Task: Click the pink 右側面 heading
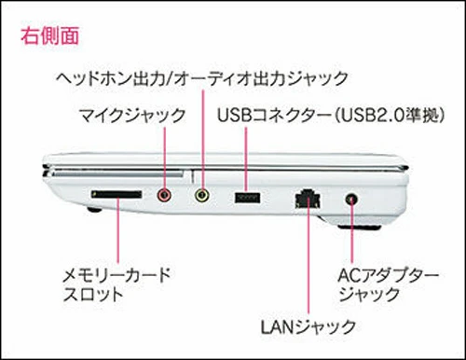49,35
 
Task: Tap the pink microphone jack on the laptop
164,195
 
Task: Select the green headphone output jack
202,195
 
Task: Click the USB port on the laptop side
247,198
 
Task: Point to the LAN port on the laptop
308,199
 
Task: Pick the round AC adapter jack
351,199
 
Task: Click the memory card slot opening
116,195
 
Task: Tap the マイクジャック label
132,116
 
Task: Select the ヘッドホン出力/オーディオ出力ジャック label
202,77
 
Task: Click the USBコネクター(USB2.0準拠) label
331,116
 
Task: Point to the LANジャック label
308,326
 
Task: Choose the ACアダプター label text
388,275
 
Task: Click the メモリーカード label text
116,275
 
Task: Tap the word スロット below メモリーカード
93,294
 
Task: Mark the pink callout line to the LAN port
308,255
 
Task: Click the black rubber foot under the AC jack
360,228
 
